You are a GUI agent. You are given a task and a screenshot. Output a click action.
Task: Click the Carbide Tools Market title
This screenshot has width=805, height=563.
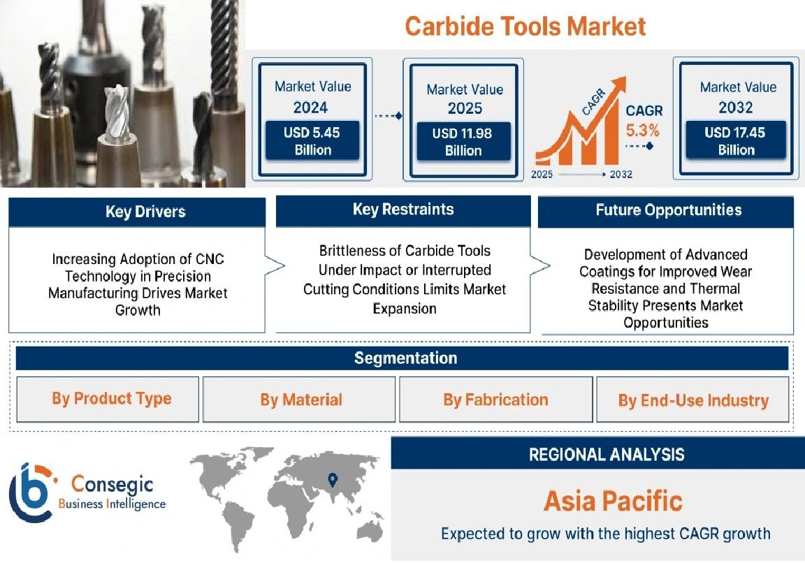(525, 26)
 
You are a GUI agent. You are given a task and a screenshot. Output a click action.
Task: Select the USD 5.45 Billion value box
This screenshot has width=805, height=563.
(312, 141)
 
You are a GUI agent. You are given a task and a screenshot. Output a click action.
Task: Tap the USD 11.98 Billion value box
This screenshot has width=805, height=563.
(463, 142)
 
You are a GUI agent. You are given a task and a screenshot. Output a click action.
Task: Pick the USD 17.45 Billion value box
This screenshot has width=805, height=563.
(736, 140)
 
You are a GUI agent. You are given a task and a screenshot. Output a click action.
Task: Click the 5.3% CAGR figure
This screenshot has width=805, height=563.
(642, 131)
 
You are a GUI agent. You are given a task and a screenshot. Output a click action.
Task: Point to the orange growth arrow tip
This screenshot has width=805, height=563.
(625, 78)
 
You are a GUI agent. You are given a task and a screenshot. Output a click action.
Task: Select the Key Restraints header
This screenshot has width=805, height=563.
(403, 210)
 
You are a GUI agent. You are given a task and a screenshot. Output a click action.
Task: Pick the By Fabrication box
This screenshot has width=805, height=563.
(496, 400)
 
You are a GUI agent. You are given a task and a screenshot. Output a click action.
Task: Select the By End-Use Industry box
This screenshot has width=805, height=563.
(692, 400)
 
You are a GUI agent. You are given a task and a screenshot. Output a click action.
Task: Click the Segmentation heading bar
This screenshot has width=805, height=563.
(402, 358)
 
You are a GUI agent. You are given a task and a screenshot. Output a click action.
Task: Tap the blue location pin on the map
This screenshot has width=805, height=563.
(333, 480)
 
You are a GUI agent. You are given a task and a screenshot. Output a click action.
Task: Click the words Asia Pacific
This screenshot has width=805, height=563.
(613, 502)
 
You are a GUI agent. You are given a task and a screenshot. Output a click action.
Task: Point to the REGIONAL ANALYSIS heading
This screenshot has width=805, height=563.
(607, 455)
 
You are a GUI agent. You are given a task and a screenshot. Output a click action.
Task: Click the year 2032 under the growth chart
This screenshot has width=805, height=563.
(621, 175)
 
